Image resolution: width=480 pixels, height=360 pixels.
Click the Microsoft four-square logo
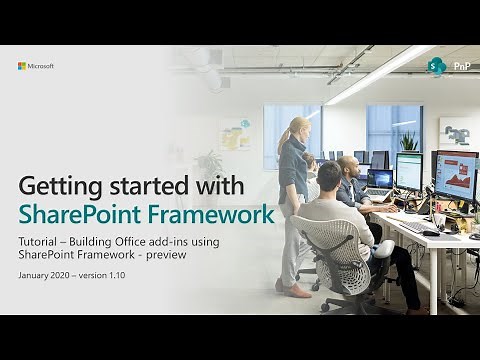click(22, 66)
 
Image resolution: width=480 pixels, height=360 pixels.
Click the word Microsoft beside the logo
click(41, 66)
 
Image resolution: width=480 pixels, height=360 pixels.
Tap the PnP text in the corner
click(462, 67)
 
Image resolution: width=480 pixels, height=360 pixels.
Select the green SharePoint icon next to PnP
click(437, 67)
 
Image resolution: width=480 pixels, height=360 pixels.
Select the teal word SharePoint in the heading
click(90, 214)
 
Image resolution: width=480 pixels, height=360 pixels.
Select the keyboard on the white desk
click(417, 227)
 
